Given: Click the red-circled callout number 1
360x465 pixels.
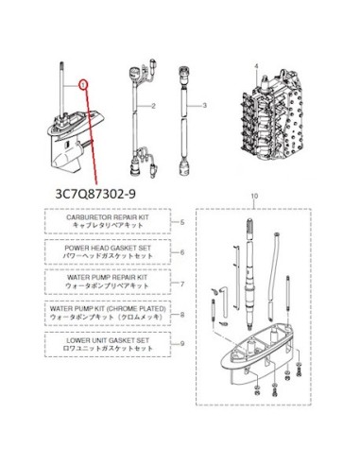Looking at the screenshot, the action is (x=83, y=85).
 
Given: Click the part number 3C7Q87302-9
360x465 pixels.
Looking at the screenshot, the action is (x=95, y=194).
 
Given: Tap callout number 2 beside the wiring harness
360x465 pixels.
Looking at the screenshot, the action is (x=153, y=106).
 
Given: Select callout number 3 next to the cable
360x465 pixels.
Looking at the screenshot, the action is (x=204, y=105).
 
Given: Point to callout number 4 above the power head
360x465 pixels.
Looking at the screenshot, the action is (x=256, y=66).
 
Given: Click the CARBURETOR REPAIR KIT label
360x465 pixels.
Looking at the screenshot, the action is (x=108, y=217).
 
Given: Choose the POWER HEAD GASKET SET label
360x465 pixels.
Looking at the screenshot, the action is (x=108, y=248).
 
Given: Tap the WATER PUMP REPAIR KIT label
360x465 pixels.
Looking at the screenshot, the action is (x=107, y=278).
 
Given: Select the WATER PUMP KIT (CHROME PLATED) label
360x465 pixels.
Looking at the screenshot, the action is (x=108, y=308).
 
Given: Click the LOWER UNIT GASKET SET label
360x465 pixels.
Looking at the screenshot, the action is (x=108, y=340).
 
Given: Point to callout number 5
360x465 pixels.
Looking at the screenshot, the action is (x=182, y=222).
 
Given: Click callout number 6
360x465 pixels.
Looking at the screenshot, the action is (x=182, y=252).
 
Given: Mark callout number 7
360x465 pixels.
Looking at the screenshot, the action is (x=182, y=284).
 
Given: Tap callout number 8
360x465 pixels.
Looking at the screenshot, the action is (x=182, y=315).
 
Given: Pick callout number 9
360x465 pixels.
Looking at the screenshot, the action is (x=182, y=344).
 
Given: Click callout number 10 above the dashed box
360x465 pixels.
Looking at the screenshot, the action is (x=254, y=196).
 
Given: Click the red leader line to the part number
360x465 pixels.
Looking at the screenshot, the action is (x=92, y=136).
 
